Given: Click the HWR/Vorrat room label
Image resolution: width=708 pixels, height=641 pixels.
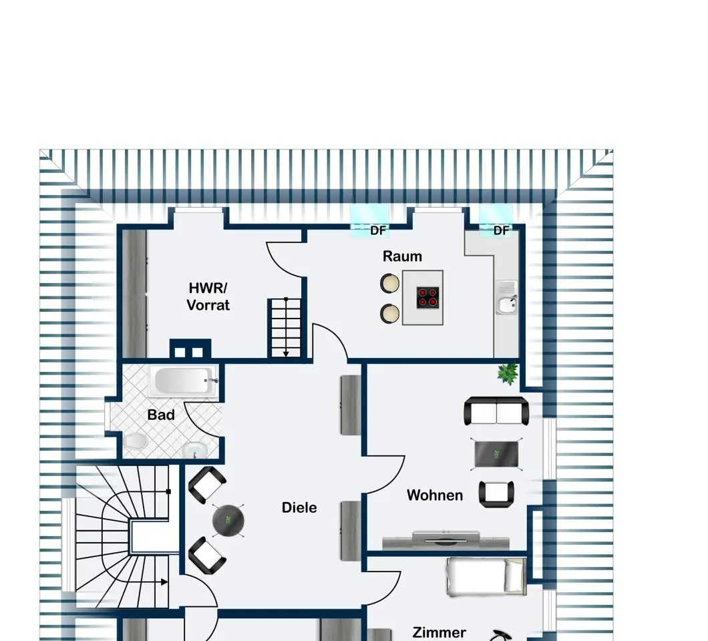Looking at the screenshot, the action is click(208, 296).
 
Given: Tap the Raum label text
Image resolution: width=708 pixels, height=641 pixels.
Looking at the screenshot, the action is click(402, 256).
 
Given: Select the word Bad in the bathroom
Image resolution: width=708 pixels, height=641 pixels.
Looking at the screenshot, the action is click(161, 415).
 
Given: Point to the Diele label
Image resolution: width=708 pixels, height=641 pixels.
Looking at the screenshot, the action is click(299, 507).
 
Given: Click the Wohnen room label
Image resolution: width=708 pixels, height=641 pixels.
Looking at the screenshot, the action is click(434, 495).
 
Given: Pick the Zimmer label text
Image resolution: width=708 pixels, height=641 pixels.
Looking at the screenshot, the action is click(439, 632).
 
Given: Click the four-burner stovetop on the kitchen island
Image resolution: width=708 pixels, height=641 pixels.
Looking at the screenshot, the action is click(427, 298).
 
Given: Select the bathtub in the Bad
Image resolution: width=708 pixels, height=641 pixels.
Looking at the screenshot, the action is click(183, 381).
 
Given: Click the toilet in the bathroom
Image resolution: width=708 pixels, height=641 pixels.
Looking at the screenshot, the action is click(134, 441).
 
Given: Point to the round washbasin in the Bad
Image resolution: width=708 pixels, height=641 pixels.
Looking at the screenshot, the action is click(195, 450).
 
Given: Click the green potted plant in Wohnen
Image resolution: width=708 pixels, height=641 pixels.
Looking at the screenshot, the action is click(508, 373).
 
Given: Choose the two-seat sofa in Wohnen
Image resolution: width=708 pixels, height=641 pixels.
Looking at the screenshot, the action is click(496, 411).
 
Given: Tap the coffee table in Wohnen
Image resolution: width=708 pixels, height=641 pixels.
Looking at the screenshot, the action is click(496, 455).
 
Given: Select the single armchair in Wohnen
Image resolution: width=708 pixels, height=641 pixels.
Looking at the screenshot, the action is click(496, 493).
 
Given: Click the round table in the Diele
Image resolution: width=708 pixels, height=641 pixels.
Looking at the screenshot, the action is click(228, 520).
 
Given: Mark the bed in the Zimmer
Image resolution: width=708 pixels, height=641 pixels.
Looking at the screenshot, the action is click(486, 577).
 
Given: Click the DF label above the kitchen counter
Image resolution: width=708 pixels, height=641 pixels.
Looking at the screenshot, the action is click(501, 230).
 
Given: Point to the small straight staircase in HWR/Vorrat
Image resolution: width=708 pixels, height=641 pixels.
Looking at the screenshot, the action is click(286, 328).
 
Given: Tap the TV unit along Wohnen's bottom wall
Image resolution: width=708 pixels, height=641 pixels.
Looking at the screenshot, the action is click(446, 540).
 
